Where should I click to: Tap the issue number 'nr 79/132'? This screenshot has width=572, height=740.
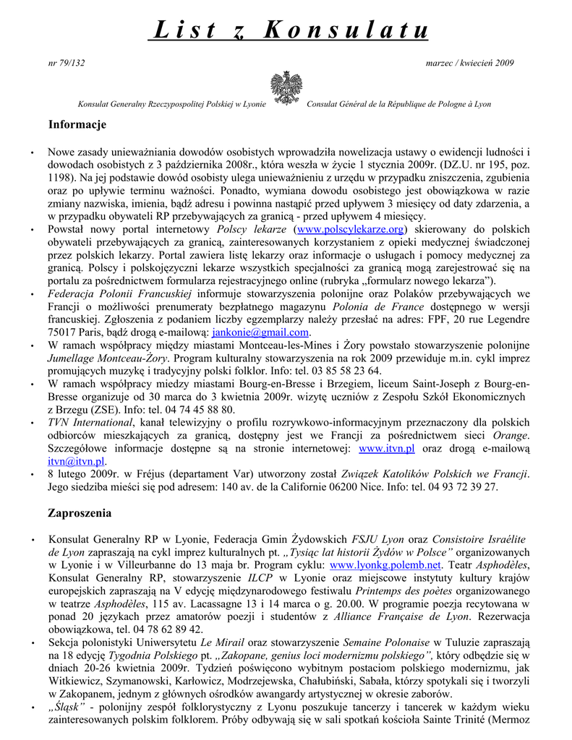click(66, 63)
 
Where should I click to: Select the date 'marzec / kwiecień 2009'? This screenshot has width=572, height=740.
click(471, 63)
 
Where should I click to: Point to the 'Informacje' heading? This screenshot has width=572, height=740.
click(77, 125)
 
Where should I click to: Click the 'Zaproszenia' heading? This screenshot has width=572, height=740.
click(80, 513)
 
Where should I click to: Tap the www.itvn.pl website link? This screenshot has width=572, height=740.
click(387, 449)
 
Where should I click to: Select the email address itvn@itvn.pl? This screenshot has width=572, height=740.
click(77, 461)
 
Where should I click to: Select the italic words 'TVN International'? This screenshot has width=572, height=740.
click(90, 422)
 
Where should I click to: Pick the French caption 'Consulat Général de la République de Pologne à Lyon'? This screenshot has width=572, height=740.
click(399, 104)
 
